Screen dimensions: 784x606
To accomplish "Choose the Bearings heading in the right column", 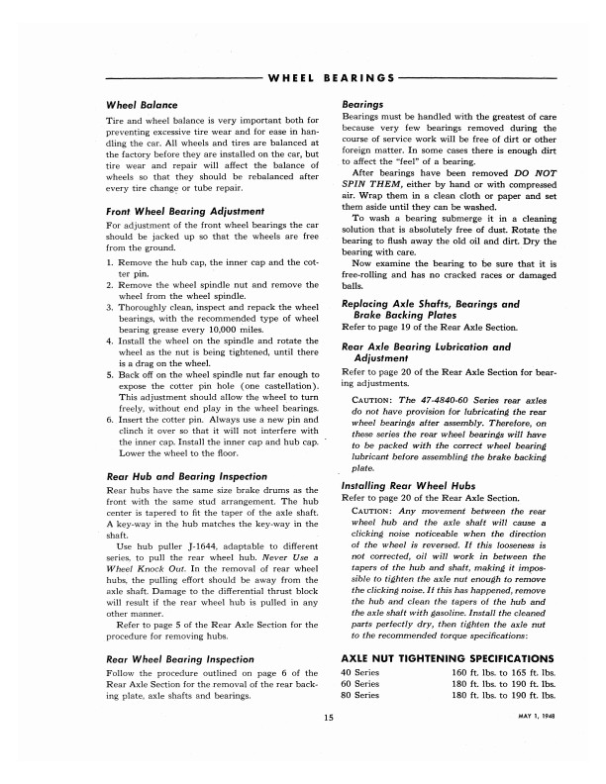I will coord(364,103).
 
